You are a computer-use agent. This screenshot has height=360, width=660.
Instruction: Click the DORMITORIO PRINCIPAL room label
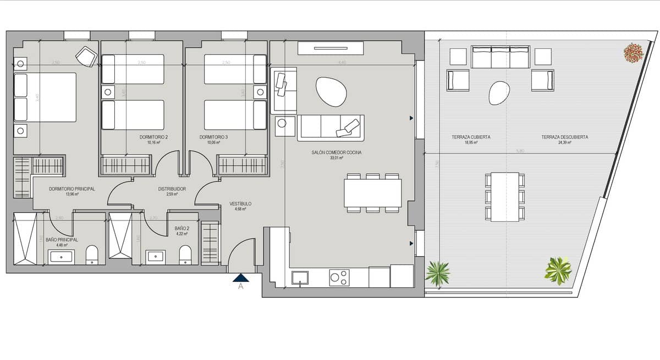click(71, 189)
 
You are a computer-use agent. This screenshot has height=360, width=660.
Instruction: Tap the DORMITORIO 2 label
click(153, 137)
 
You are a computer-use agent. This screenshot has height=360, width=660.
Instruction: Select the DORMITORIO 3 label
click(214, 137)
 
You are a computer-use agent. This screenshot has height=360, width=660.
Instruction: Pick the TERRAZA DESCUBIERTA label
click(565, 137)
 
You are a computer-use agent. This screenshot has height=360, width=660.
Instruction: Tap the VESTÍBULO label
click(240, 204)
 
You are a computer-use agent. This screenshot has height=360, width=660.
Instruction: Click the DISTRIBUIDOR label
click(172, 189)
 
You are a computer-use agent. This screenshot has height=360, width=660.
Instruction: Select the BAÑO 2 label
click(182, 228)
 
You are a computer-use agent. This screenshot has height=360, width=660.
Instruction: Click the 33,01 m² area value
click(337, 158)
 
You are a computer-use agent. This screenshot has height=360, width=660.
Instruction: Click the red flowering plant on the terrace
click(633, 53)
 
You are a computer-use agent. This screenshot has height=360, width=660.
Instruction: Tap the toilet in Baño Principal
click(92, 254)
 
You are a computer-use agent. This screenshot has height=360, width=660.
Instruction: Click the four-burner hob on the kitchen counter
click(338, 278)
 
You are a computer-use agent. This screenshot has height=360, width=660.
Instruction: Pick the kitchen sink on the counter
click(300, 278)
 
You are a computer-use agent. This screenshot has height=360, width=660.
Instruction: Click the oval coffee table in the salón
click(331, 91)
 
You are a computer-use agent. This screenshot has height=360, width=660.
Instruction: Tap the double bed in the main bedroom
click(45, 97)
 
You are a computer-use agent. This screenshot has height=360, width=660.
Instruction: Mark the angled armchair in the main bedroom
click(86, 56)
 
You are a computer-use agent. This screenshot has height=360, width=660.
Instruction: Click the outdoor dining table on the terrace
click(505, 197)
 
